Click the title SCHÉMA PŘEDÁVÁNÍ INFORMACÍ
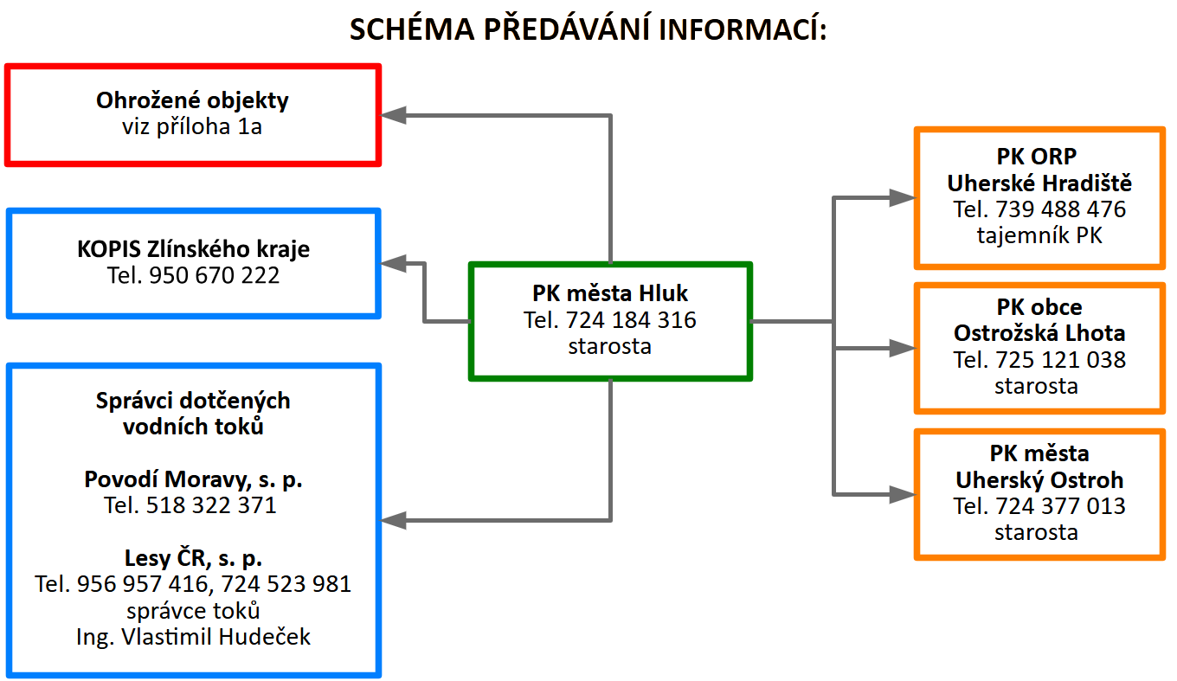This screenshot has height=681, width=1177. click(x=588, y=30)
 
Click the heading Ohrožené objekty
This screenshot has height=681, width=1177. click(x=192, y=100)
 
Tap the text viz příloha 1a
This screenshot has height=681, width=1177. click(x=192, y=127)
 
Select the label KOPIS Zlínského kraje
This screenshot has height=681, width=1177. click(x=192, y=250)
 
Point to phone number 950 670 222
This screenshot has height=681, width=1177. click(x=215, y=276)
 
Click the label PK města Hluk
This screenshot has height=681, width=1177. click(x=610, y=294)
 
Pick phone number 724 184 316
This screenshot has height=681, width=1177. click(x=631, y=320)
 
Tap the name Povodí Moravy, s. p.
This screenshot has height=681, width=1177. click(x=193, y=479)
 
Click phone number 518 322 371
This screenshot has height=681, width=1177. click(x=213, y=505)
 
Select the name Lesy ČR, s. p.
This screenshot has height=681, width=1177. click(x=193, y=557)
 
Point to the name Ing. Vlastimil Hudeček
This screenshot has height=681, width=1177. click(x=193, y=638)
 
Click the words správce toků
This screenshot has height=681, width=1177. click(x=193, y=611)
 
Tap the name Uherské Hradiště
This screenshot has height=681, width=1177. click(x=1039, y=183)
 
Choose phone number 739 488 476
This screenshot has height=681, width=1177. click(x=1061, y=209)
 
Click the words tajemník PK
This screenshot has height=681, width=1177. click(x=1039, y=235)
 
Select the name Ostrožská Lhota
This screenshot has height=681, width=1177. click(x=1039, y=333)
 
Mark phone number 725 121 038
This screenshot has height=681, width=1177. click(x=1061, y=359)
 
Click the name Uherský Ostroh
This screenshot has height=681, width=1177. click(x=1039, y=480)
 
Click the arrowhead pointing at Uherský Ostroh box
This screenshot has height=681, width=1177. click(x=903, y=495)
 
